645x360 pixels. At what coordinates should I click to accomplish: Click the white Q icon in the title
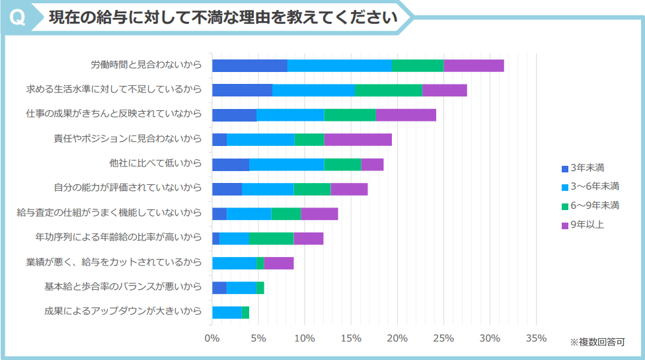pyautogui.click(x=19, y=18)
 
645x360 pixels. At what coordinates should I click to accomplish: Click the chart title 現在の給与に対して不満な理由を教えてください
pyautogui.click(x=223, y=18)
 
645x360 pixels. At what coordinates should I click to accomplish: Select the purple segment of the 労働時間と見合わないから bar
pyautogui.click(x=473, y=65)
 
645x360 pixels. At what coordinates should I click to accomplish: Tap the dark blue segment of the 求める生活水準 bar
pyautogui.click(x=242, y=90)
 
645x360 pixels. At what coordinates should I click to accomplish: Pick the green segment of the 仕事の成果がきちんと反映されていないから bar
pyautogui.click(x=350, y=115)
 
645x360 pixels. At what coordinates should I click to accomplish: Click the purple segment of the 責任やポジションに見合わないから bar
pyautogui.click(x=358, y=139)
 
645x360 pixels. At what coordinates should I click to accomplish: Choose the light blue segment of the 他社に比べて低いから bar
pyautogui.click(x=286, y=164)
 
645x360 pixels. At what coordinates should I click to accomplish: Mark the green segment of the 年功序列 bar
pyautogui.click(x=271, y=238)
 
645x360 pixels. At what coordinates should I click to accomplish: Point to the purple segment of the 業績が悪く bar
pyautogui.click(x=278, y=263)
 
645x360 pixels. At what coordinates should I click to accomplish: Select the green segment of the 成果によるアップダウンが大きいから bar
pyautogui.click(x=245, y=312)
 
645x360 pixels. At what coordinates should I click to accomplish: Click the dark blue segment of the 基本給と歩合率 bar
pyautogui.click(x=219, y=288)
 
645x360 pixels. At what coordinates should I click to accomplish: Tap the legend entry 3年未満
pyautogui.click(x=583, y=168)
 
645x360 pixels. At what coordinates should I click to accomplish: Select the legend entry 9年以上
pyautogui.click(x=583, y=225)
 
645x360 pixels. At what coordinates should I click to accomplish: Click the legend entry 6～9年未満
pyautogui.click(x=589, y=205)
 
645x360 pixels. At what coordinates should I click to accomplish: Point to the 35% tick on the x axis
pyautogui.click(x=536, y=339)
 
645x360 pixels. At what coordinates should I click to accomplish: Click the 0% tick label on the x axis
pyautogui.click(x=212, y=339)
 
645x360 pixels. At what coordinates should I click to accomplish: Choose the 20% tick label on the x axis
pyautogui.click(x=397, y=339)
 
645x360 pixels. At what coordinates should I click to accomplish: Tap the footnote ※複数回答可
pyautogui.click(x=597, y=342)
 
